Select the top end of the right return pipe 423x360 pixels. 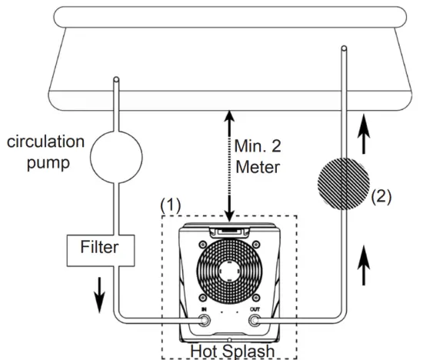tap(342, 50)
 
